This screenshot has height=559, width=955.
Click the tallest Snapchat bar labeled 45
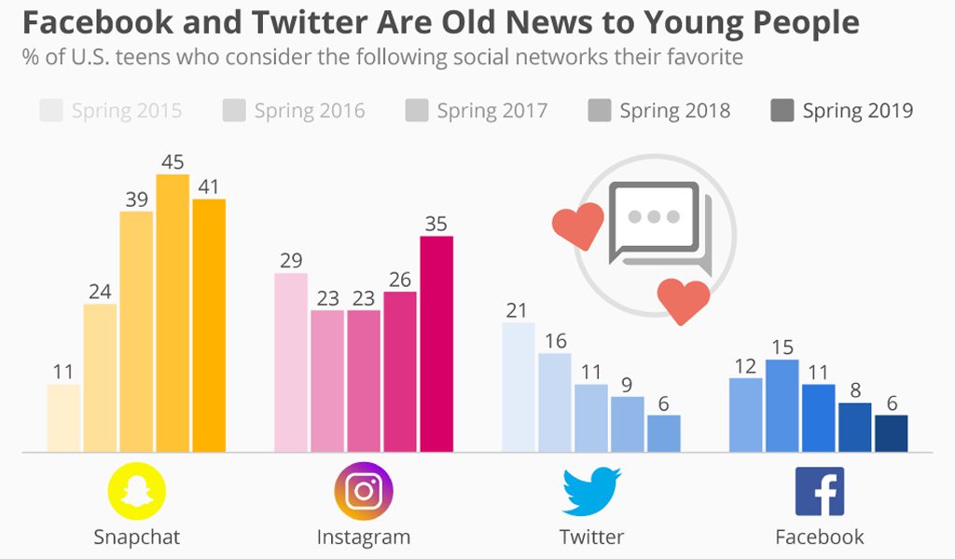click(x=173, y=313)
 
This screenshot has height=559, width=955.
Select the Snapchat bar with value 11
click(x=63, y=418)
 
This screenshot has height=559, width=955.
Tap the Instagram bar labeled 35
click(x=436, y=344)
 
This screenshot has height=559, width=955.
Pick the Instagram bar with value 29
click(x=291, y=362)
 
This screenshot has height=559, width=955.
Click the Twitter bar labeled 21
click(x=519, y=388)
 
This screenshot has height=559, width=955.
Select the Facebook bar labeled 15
click(x=782, y=406)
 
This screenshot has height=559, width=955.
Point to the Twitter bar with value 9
click(x=628, y=425)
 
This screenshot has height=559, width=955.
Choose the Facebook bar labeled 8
click(x=854, y=428)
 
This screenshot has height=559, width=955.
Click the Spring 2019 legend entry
click(x=841, y=112)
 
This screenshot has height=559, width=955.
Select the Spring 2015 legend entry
click(x=111, y=112)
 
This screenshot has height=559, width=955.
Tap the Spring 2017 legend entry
click(x=476, y=112)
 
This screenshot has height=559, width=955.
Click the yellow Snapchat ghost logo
click(x=137, y=491)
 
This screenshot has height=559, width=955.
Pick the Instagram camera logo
click(x=364, y=491)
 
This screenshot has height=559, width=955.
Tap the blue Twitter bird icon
click(x=591, y=491)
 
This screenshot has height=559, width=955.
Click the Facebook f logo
click(x=820, y=491)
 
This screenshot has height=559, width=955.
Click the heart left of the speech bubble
click(x=577, y=226)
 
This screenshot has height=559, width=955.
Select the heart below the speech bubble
click(x=683, y=300)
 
